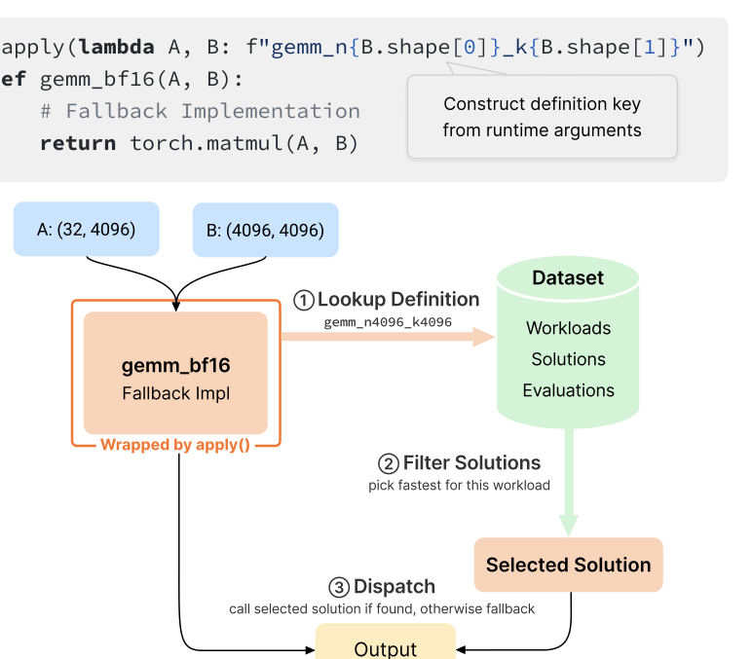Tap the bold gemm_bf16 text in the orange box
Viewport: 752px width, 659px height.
coord(175,366)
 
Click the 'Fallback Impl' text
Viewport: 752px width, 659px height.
coord(175,393)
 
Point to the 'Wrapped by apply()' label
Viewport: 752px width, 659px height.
coord(175,445)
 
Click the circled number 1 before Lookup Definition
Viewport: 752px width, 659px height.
coord(304,301)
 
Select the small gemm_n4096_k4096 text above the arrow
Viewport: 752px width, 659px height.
coord(388,322)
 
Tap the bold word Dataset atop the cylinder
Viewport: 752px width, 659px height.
coord(568,278)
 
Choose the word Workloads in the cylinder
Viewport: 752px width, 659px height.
coord(568,328)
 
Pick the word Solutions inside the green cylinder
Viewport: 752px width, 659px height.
coord(568,359)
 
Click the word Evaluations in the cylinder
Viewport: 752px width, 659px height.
coord(568,390)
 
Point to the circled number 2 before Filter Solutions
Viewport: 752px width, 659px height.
coord(389,464)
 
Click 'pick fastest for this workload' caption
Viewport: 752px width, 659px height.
coord(459,485)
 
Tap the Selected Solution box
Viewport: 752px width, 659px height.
coord(568,565)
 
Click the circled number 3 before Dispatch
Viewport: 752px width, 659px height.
coord(339,588)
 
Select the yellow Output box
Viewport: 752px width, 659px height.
coord(386,644)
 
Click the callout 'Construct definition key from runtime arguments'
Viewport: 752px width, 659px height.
coord(542,117)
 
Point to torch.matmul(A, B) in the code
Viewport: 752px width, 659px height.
coord(244,143)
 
